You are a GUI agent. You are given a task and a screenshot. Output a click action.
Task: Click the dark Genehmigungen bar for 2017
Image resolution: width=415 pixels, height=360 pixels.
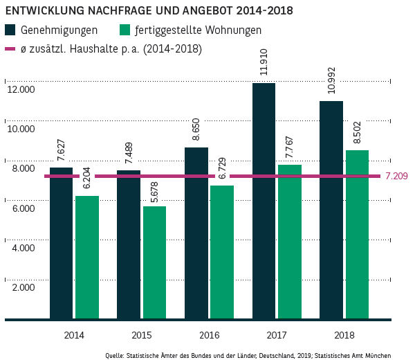coord(264,201)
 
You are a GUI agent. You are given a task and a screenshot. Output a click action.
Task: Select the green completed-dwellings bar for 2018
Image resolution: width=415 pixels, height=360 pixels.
coord(357,235)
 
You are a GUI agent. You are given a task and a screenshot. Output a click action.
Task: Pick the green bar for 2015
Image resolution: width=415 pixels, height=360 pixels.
coord(154,263)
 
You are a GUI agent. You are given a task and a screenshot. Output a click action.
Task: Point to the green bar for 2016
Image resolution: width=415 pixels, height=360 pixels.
coord(222,253)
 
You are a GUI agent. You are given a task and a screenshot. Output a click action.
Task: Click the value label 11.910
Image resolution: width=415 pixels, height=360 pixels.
coord(264,62)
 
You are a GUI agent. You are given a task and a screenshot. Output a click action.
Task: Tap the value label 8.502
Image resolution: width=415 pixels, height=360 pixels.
coord(357,132)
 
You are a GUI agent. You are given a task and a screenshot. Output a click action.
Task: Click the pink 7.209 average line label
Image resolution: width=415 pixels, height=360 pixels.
coord(396,177)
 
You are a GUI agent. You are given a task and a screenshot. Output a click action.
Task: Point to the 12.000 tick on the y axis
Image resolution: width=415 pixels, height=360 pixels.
coord(20,89)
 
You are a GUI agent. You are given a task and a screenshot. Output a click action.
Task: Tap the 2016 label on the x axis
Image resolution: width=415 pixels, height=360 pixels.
coord(209,335)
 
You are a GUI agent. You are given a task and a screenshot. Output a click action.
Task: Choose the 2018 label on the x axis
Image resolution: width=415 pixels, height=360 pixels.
coord(344,335)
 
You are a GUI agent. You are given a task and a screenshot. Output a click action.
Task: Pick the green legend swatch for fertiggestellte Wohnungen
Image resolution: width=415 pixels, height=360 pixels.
coord(125,30)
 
